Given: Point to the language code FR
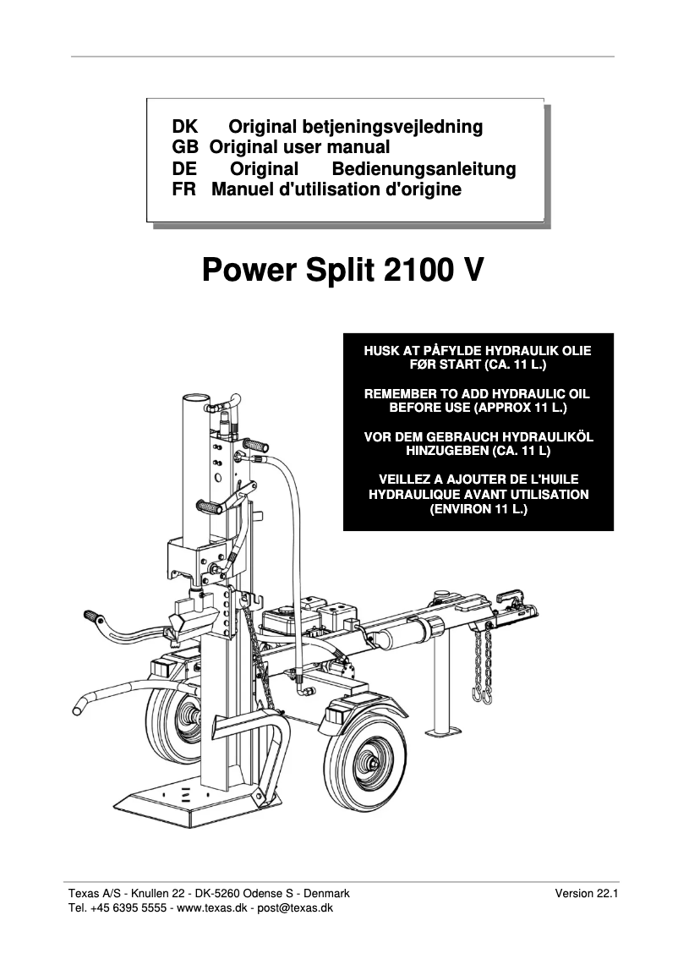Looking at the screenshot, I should pyautogui.click(x=183, y=189).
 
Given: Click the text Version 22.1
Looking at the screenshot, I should pyautogui.click(x=587, y=893).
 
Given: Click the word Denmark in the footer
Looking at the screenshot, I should pyautogui.click(x=331, y=893).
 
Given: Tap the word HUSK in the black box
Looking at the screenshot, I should pyautogui.click(x=380, y=351).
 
